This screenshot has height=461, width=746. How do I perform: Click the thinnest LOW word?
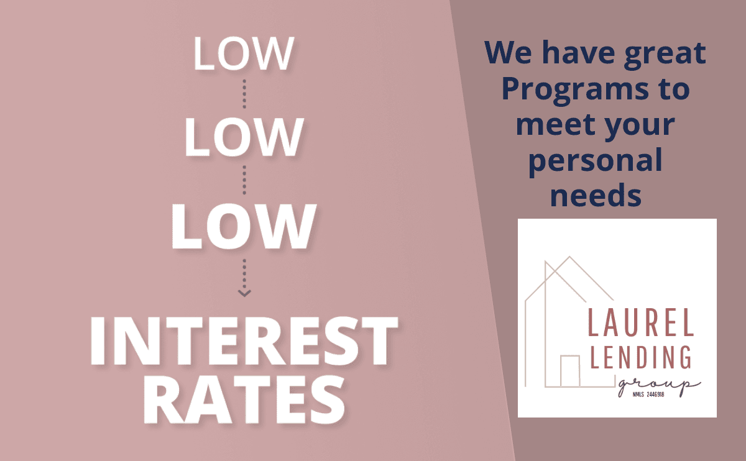point(244,53)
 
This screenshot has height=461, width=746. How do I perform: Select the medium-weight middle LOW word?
point(244,137)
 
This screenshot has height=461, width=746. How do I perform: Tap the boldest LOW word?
point(244,226)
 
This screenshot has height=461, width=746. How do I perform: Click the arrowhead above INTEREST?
point(244,293)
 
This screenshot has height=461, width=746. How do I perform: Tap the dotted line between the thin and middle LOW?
point(244,94)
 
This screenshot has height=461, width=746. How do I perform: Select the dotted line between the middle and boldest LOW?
point(244,180)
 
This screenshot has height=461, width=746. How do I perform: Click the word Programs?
point(575,91)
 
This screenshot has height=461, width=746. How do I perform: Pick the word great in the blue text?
point(665,55)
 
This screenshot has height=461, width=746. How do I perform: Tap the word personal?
point(596,162)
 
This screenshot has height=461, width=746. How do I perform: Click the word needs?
point(596,195)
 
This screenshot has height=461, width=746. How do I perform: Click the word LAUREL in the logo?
point(641,322)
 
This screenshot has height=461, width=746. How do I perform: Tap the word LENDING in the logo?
point(641,357)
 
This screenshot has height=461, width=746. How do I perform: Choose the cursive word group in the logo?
point(660,386)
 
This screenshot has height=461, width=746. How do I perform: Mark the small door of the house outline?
point(570,371)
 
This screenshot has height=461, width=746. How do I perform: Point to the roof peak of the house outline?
point(569,257)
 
